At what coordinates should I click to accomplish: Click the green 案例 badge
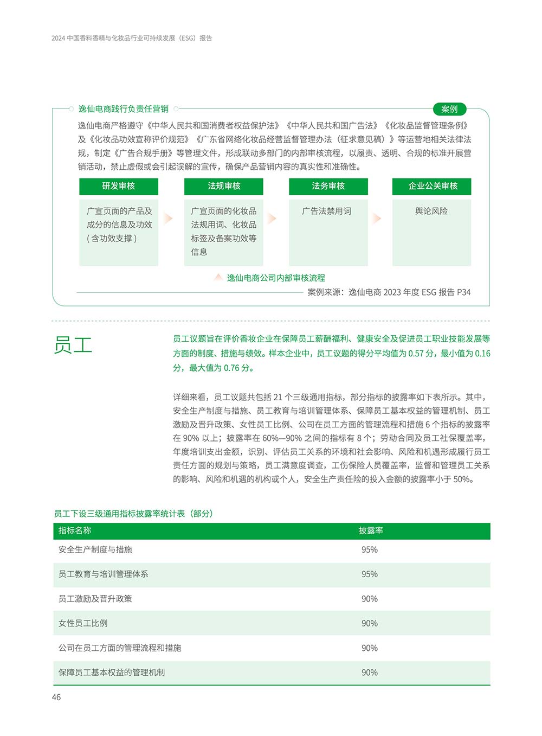click(x=449, y=109)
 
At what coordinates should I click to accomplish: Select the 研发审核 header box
click(x=119, y=186)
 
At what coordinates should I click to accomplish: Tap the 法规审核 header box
click(x=224, y=186)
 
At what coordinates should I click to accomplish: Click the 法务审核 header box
click(x=328, y=186)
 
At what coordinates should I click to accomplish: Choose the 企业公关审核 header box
click(x=432, y=186)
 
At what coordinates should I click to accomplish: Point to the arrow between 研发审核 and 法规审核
click(x=168, y=218)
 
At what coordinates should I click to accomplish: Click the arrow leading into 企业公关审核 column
click(x=377, y=218)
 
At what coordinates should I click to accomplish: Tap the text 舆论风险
click(x=431, y=211)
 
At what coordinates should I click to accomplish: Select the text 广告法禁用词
click(x=327, y=211)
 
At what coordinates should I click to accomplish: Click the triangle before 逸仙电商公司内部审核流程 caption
click(x=218, y=277)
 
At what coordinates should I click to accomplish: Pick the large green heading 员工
click(x=73, y=345)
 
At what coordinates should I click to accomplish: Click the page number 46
click(x=56, y=697)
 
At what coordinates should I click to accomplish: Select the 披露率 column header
click(x=371, y=530)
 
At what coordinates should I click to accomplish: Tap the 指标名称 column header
click(x=75, y=530)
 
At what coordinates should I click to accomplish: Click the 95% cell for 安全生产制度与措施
click(x=370, y=549)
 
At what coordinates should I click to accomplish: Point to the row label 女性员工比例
click(x=83, y=623)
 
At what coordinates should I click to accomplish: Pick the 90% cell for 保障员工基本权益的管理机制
click(x=370, y=673)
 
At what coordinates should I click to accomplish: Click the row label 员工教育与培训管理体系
click(x=103, y=574)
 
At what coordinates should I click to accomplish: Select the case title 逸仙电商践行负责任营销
click(x=123, y=109)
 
